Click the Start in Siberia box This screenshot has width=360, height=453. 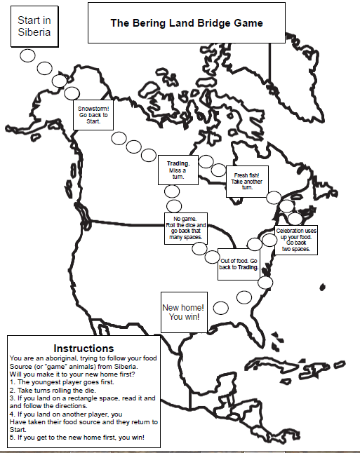point(34,27)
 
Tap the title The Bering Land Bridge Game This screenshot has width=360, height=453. point(186,22)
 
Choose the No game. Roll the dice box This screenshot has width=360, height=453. point(185,228)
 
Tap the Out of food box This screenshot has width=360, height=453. point(239,264)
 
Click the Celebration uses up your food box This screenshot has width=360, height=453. point(296,240)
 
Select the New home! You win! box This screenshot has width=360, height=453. point(185,311)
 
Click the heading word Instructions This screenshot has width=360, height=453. point(84,348)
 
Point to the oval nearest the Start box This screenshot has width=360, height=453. point(29,56)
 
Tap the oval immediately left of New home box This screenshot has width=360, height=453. point(221,308)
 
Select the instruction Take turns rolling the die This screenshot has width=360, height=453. point(59,390)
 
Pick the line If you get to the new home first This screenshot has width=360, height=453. point(76,437)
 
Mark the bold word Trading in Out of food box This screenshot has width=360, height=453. point(248,267)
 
